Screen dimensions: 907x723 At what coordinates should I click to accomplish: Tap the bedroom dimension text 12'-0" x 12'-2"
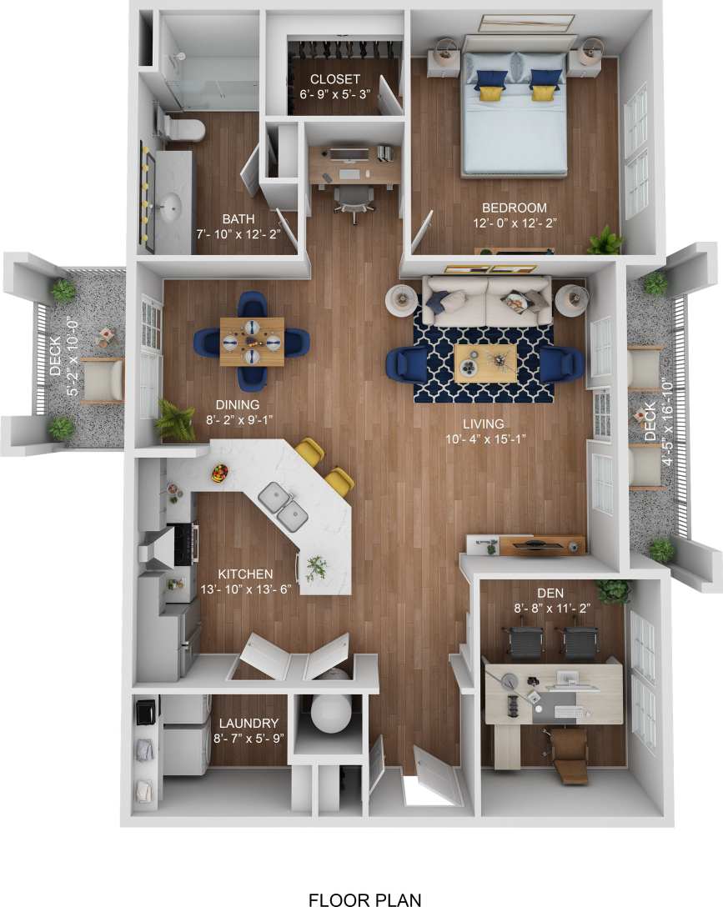[x=514, y=223]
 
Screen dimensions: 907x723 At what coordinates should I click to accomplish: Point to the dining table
[x=251, y=341]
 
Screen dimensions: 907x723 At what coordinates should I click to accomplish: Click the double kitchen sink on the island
[x=282, y=508]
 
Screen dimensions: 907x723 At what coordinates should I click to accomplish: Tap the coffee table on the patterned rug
[x=485, y=363]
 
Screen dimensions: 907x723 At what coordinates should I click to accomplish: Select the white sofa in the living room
[x=485, y=299]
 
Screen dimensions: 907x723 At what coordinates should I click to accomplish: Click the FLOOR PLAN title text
[x=364, y=899]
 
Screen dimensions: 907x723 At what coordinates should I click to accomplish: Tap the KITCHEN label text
[x=245, y=574]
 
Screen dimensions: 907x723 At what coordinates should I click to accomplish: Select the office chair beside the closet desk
[x=354, y=200]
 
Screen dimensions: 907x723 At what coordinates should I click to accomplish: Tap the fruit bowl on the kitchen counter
[x=220, y=474]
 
